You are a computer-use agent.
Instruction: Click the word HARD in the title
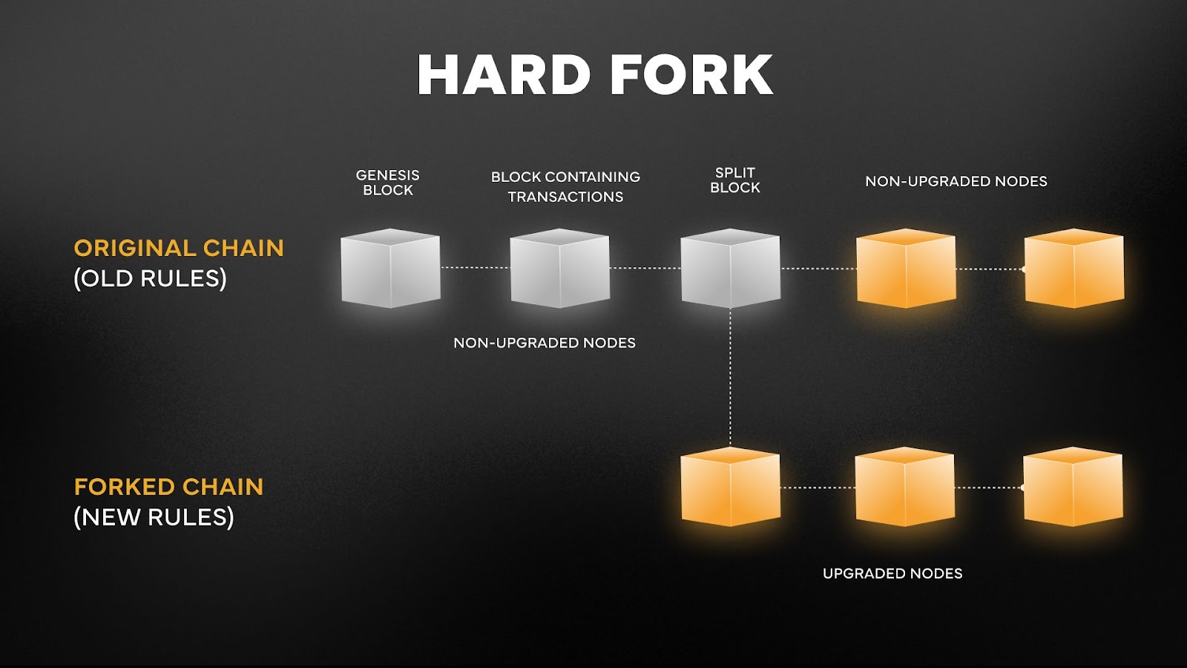504,75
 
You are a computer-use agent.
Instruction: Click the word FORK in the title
693,75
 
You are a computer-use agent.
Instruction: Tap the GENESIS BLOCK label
387,183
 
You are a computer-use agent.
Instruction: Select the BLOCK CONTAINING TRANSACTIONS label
565,186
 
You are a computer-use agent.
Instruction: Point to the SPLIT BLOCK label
734,180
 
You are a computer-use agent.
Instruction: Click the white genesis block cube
390,268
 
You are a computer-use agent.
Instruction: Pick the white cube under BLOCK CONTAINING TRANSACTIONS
560,268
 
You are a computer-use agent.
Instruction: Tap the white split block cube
730,268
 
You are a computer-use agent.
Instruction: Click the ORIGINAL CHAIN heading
179,248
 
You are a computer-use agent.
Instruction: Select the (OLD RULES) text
150,278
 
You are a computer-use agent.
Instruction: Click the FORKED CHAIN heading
168,487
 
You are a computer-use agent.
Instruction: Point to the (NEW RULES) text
154,517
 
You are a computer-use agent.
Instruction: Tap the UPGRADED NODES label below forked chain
892,574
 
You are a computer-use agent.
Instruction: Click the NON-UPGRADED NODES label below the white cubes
545,343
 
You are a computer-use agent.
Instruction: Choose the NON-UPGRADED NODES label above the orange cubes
956,181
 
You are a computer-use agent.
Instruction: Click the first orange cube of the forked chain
730,487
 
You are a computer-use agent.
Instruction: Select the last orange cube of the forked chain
1073,487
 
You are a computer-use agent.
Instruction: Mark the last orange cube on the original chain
1073,268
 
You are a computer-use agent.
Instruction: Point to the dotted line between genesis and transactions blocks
475,267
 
